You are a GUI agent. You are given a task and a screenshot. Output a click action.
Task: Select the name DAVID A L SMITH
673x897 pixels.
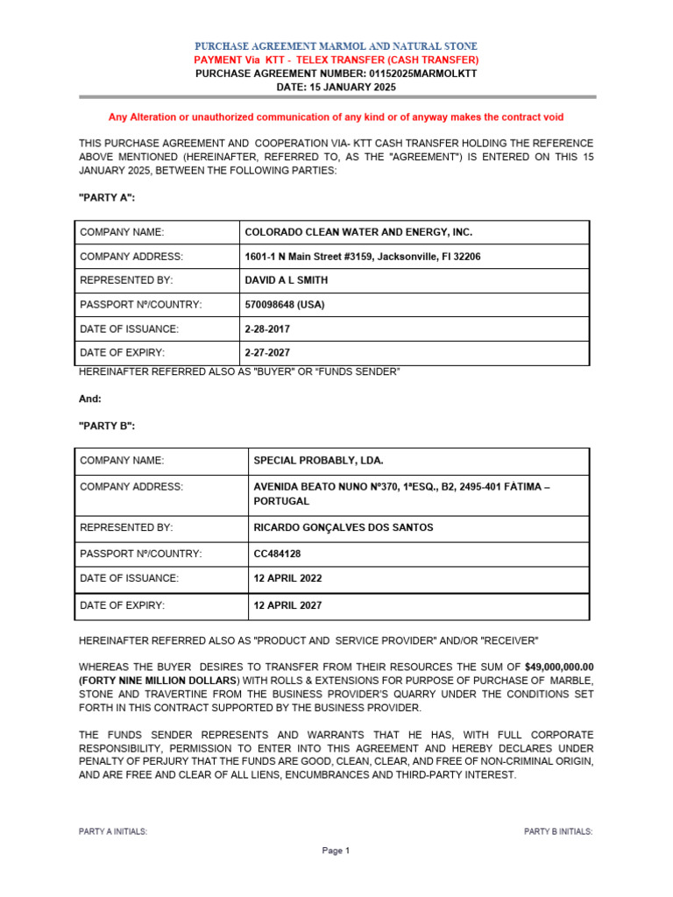(x=287, y=280)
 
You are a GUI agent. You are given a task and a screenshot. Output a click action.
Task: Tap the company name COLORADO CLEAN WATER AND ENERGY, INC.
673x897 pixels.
(x=358, y=232)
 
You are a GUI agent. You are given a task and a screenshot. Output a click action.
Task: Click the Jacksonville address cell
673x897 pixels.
(x=362, y=257)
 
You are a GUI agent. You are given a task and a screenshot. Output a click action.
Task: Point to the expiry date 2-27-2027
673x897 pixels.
(x=267, y=353)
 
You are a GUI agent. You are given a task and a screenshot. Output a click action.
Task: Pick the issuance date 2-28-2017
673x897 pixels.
(x=267, y=328)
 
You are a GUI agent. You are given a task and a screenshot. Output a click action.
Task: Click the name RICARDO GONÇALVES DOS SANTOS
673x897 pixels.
(x=343, y=527)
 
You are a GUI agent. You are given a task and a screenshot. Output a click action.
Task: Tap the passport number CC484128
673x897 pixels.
(x=281, y=554)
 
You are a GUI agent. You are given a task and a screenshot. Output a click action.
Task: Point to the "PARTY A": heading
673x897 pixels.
(x=107, y=198)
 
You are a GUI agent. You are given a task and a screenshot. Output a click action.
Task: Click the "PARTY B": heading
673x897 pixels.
(x=107, y=426)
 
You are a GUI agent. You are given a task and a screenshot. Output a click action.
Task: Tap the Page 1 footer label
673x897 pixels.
(x=336, y=851)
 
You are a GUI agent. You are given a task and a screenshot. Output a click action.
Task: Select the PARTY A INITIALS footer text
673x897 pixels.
(x=113, y=831)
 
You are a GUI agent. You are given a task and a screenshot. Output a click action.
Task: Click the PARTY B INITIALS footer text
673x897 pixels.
(x=557, y=831)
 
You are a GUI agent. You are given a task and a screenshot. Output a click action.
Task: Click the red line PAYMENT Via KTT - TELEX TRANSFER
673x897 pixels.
(x=336, y=60)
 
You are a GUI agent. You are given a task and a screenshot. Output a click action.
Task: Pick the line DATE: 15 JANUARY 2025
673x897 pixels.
(x=336, y=88)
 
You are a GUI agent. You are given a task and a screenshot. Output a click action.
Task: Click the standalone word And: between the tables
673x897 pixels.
(x=90, y=399)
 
